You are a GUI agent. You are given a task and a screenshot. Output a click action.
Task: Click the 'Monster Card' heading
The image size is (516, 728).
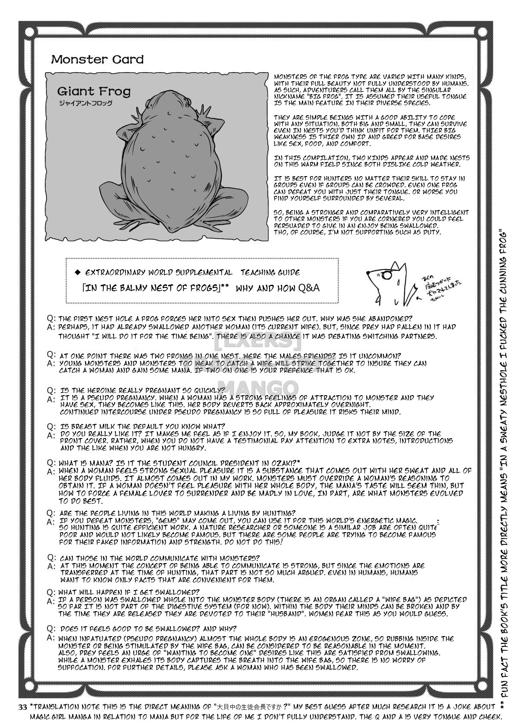97,59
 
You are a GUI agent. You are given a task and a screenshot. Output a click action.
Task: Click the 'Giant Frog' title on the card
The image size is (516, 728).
93,91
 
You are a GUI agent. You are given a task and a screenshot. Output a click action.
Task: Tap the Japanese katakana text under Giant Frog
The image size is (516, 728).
85,103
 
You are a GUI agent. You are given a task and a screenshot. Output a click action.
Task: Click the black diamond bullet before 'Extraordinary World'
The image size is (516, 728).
78,272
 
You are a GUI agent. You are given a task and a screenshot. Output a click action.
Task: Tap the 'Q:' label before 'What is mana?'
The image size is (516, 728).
52,463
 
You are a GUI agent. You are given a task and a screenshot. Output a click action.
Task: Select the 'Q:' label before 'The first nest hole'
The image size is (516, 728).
52,319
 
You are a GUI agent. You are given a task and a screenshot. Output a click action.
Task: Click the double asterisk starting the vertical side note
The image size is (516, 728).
503,704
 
